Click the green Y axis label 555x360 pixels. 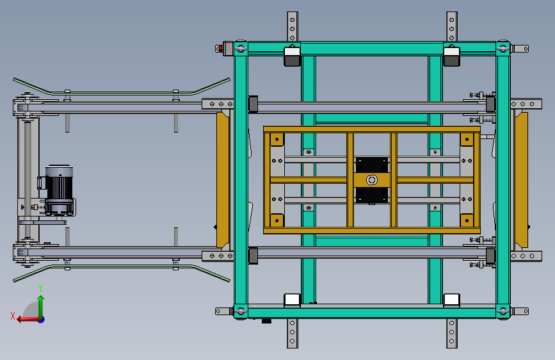point(40,288)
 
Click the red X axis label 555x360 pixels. point(13,316)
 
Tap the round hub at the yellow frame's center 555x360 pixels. point(372,180)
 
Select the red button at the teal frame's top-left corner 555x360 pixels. point(220,49)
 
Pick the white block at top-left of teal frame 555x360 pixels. point(292,52)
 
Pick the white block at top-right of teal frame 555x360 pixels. point(452,52)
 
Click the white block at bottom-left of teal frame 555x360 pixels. point(292,300)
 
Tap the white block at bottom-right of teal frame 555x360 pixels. point(452,300)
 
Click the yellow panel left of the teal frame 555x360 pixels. point(223,180)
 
